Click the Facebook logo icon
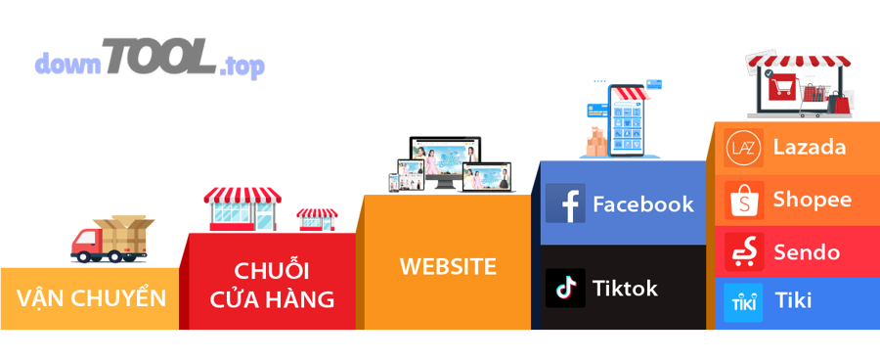click(x=565, y=203)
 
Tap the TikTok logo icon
click(x=565, y=288)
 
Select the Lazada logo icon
click(x=745, y=149)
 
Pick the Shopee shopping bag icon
click(x=745, y=200)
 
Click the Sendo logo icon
click(x=745, y=252)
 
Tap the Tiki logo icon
click(x=745, y=301)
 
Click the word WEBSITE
click(x=447, y=266)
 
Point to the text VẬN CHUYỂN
click(x=91, y=298)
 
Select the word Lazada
click(x=809, y=148)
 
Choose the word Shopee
click(x=812, y=200)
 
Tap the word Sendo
click(x=806, y=252)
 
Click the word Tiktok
click(x=625, y=289)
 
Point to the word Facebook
click(x=642, y=204)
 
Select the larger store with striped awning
click(x=242, y=208)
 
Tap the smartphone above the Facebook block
click(x=626, y=118)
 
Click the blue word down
click(x=67, y=65)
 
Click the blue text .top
click(x=242, y=67)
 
